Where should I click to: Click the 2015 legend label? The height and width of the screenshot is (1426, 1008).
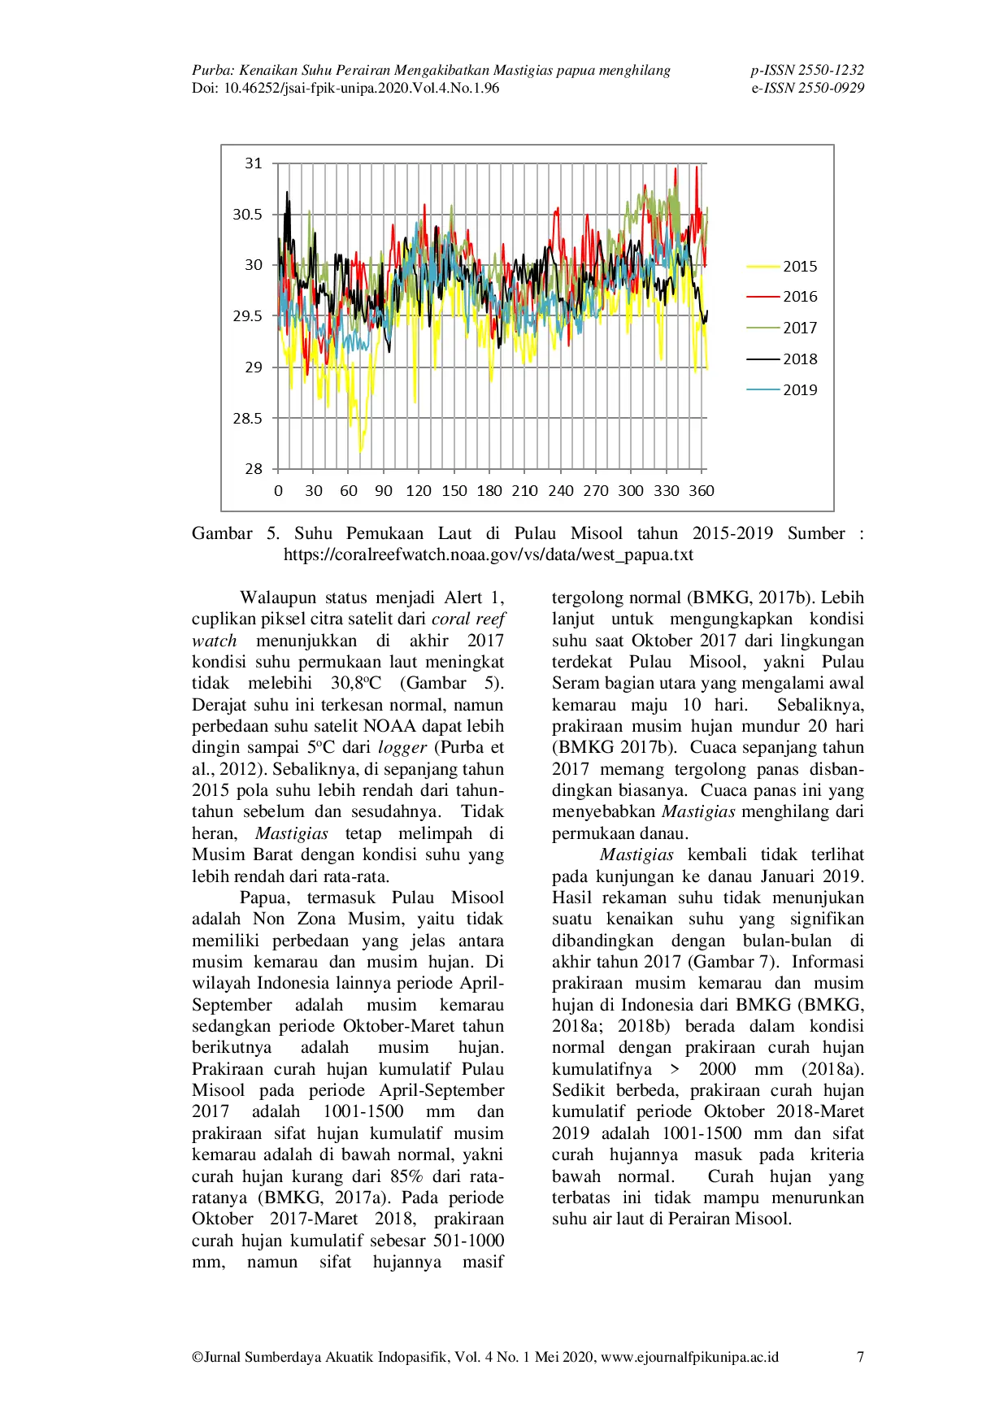tap(800, 267)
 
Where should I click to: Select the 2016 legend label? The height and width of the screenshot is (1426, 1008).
tap(800, 297)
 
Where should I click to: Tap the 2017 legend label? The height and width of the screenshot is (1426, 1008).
tap(800, 328)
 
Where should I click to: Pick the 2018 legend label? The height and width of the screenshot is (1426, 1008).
tap(800, 359)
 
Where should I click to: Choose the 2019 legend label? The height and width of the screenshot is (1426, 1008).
tap(800, 389)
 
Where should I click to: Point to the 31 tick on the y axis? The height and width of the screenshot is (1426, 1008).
tap(254, 163)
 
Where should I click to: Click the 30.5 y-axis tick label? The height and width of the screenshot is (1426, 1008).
tap(248, 215)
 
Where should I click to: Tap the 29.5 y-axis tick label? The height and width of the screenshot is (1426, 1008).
tap(248, 316)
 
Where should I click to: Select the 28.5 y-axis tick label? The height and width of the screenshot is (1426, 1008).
tap(248, 418)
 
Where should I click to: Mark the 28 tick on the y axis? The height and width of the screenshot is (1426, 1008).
tap(254, 469)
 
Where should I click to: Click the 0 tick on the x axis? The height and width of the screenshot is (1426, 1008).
tap(278, 491)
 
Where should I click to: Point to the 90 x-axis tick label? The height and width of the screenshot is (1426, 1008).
tap(384, 491)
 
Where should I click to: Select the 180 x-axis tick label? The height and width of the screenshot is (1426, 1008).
tap(489, 491)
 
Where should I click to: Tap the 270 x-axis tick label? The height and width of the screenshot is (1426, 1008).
tap(596, 491)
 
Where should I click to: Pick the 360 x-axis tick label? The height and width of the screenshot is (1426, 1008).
tap(702, 491)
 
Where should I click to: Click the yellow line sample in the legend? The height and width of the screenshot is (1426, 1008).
tap(763, 267)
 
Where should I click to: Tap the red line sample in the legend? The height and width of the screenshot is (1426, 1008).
tap(763, 298)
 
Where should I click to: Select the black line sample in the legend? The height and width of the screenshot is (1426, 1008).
tap(763, 359)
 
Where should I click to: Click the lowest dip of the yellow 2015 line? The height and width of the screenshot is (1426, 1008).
tap(360, 451)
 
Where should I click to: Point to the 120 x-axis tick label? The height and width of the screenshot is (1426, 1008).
tap(419, 491)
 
